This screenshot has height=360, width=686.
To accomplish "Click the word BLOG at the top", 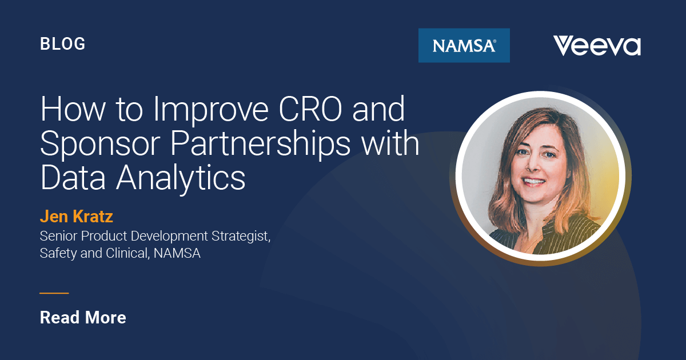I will tap(62, 43).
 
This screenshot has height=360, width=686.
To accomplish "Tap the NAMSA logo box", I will tap(464, 45).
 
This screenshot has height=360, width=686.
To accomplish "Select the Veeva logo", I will tap(596, 46).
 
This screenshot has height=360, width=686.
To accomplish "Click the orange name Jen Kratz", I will tap(77, 217).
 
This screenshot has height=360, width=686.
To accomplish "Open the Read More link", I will tap(83, 318).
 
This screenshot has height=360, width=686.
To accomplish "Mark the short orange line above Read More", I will tap(54, 293).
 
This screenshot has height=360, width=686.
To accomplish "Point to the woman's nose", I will tap(533, 165).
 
